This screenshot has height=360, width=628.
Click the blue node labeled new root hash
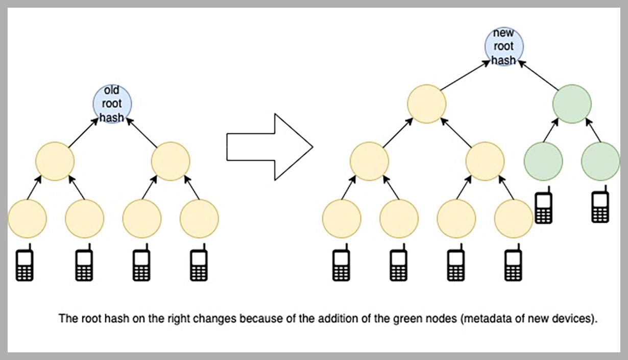pyautogui.click(x=504, y=47)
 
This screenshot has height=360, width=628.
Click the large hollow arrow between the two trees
pyautogui.click(x=269, y=147)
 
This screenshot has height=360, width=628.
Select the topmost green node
pyautogui.click(x=572, y=104)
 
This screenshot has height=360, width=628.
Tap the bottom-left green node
pyautogui.click(x=543, y=161)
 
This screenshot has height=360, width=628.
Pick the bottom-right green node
pyautogui.click(x=600, y=161)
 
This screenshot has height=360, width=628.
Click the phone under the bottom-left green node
pyautogui.click(x=543, y=207)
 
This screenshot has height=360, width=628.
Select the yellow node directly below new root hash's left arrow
pyautogui.click(x=427, y=104)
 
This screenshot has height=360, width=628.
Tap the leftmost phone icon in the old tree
pyautogui.click(x=25, y=264)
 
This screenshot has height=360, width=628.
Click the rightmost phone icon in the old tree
pyautogui.click(x=198, y=264)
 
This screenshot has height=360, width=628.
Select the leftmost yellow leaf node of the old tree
pyautogui.click(x=27, y=219)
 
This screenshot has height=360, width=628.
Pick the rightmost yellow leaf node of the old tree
pyautogui.click(x=199, y=219)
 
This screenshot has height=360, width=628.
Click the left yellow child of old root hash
pyautogui.click(x=55, y=161)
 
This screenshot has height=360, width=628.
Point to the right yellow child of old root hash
pyautogui.click(x=171, y=161)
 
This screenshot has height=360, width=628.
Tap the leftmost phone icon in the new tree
pyautogui.click(x=341, y=264)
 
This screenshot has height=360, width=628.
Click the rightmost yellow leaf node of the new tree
pyautogui.click(x=514, y=219)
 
